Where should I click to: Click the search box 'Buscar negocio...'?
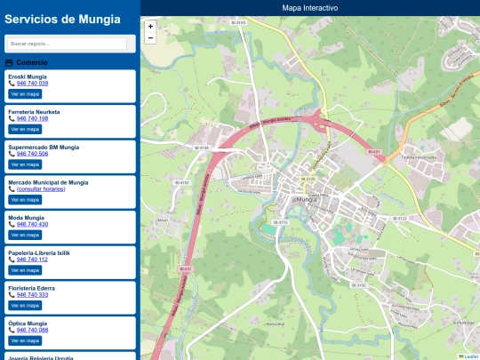tap(68, 43)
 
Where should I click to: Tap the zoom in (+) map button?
tap(150, 27)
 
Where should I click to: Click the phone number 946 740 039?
tap(32, 84)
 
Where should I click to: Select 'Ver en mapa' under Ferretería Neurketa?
tap(25, 129)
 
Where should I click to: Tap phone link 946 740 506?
tap(32, 154)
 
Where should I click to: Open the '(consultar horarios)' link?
tap(41, 189)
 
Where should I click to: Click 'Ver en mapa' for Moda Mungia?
tap(25, 235)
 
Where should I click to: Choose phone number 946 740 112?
tap(32, 260)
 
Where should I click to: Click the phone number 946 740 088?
tap(32, 330)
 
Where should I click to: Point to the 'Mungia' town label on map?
tap(306, 200)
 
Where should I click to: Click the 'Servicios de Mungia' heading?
tap(62, 19)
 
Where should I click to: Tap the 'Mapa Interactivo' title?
tap(309, 7)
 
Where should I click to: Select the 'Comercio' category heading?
tap(32, 63)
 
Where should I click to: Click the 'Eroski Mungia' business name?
tap(28, 76)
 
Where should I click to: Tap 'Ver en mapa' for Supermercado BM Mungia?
tap(25, 164)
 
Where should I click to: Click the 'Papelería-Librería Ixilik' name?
tap(38, 252)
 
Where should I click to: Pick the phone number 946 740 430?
tap(32, 224)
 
